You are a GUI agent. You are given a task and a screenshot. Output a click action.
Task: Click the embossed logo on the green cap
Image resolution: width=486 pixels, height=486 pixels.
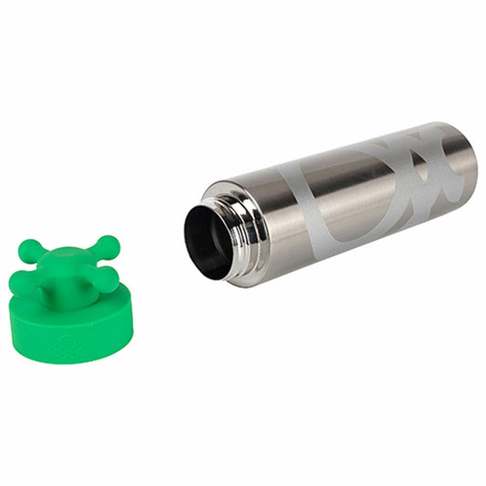(x=68, y=347)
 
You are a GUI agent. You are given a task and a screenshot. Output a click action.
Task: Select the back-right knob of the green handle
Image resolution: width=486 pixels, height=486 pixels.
(x=108, y=244)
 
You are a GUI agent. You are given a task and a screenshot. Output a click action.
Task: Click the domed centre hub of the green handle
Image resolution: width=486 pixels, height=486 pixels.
(x=67, y=262)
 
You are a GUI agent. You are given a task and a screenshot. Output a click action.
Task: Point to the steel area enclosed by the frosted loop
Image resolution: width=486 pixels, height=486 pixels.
(x=360, y=187)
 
